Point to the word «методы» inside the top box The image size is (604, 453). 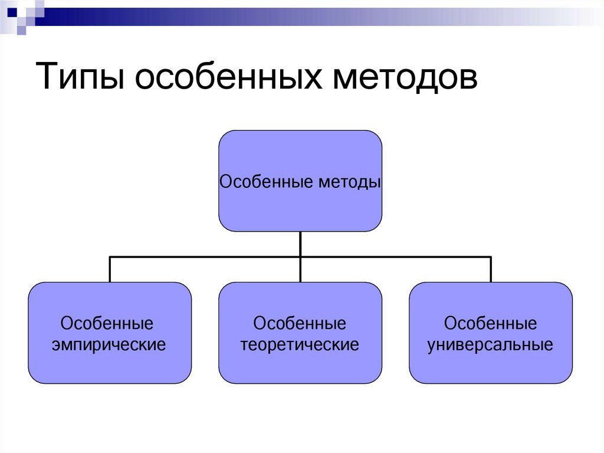click(349, 181)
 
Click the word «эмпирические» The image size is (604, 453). click(110, 344)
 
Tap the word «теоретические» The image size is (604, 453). click(300, 344)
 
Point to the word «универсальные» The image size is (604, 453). click(490, 344)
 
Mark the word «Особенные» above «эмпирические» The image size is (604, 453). click(107, 324)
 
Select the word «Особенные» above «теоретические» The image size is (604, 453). click(300, 324)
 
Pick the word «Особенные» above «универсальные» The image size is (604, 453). click(490, 324)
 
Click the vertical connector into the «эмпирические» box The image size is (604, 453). click(110, 270)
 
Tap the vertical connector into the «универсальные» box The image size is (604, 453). click(491, 270)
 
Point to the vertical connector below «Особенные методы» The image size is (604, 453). click(300, 243)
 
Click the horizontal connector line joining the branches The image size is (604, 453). click(206, 257)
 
